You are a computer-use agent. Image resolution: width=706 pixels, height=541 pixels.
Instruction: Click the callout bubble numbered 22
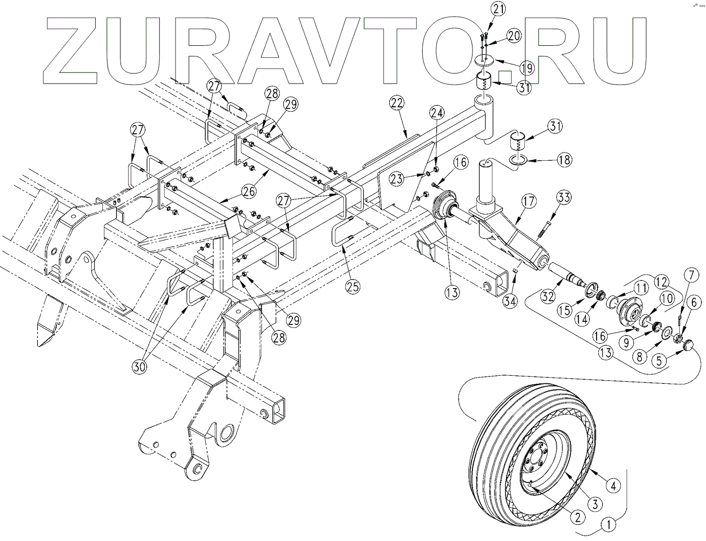point(397,104)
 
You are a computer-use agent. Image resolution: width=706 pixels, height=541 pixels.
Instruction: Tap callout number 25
point(353,287)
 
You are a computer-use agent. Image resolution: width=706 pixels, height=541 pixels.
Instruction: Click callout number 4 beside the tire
point(613,486)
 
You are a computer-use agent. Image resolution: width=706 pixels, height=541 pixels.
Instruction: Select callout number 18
point(564,160)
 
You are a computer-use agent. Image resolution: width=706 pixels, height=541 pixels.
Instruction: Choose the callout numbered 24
point(437,112)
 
